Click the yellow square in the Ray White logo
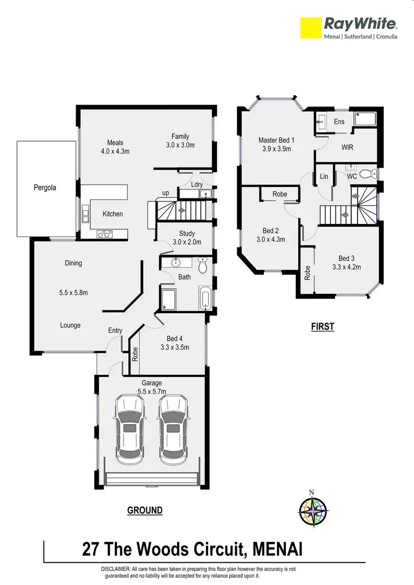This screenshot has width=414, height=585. tap(310, 28)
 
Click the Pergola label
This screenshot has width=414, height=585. tap(45, 187)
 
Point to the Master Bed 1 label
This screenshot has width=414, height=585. tap(276, 141)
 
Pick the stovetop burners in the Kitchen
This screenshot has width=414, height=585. tap(104, 234)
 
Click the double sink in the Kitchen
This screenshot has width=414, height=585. tap(86, 213)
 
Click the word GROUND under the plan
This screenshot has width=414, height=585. tap(145, 511)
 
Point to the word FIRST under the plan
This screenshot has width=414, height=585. tap(322, 327)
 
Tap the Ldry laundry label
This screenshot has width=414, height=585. tap(196, 184)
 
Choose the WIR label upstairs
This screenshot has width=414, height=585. tap(347, 148)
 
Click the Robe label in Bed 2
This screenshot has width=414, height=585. tap(279, 194)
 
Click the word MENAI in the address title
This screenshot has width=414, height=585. tap(278, 549)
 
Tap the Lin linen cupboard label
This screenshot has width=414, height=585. tap(324, 176)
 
